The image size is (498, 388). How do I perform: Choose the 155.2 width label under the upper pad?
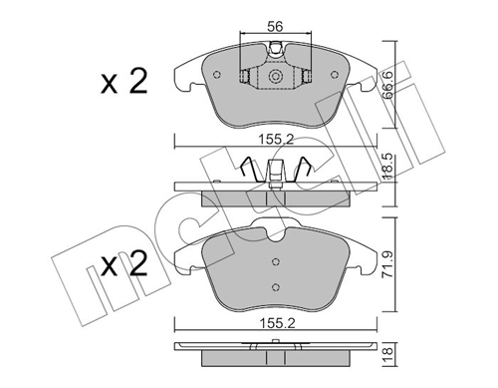click(x=273, y=141)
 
